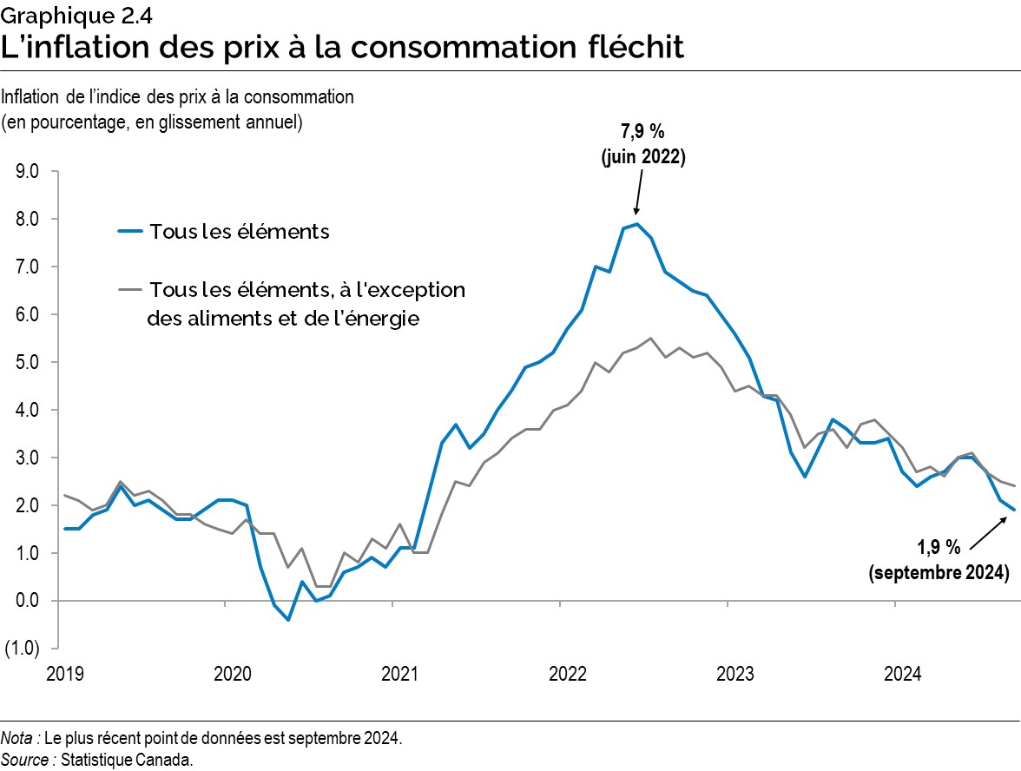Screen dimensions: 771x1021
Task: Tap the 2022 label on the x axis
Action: [x=567, y=674]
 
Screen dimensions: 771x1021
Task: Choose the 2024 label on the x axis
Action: [x=902, y=674]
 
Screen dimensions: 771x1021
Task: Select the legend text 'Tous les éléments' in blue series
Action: [x=239, y=232]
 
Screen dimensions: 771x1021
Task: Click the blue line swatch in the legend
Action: [x=129, y=232]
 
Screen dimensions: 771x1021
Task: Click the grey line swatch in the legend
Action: [x=129, y=290]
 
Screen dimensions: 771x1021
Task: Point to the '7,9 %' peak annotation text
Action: [x=642, y=135]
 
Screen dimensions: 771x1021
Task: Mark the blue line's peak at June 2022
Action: [x=637, y=224]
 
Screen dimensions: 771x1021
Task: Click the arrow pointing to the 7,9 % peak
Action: [x=639, y=192]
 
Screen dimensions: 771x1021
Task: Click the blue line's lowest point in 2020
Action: [x=287, y=620]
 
